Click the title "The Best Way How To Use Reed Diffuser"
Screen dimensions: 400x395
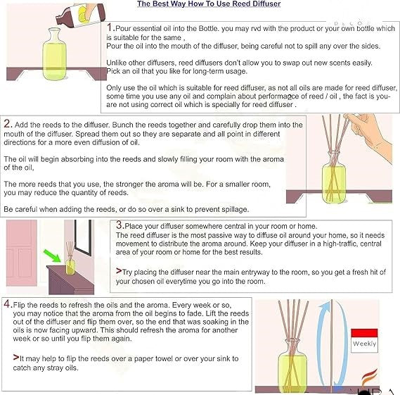pos(209,4)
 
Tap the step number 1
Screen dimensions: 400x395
pos(110,27)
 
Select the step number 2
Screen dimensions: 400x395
pos(7,124)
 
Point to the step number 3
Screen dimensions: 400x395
pos(120,225)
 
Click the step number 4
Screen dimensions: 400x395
pos(7,303)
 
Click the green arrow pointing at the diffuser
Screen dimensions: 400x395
pos(53,256)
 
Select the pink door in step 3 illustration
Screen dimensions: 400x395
pos(22,253)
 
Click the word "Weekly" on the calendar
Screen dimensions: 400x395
pos(364,344)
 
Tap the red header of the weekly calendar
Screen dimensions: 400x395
pos(364,333)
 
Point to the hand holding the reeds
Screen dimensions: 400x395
pos(370,135)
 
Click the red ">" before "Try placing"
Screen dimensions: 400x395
pos(119,271)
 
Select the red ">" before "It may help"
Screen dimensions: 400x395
pos(16,357)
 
